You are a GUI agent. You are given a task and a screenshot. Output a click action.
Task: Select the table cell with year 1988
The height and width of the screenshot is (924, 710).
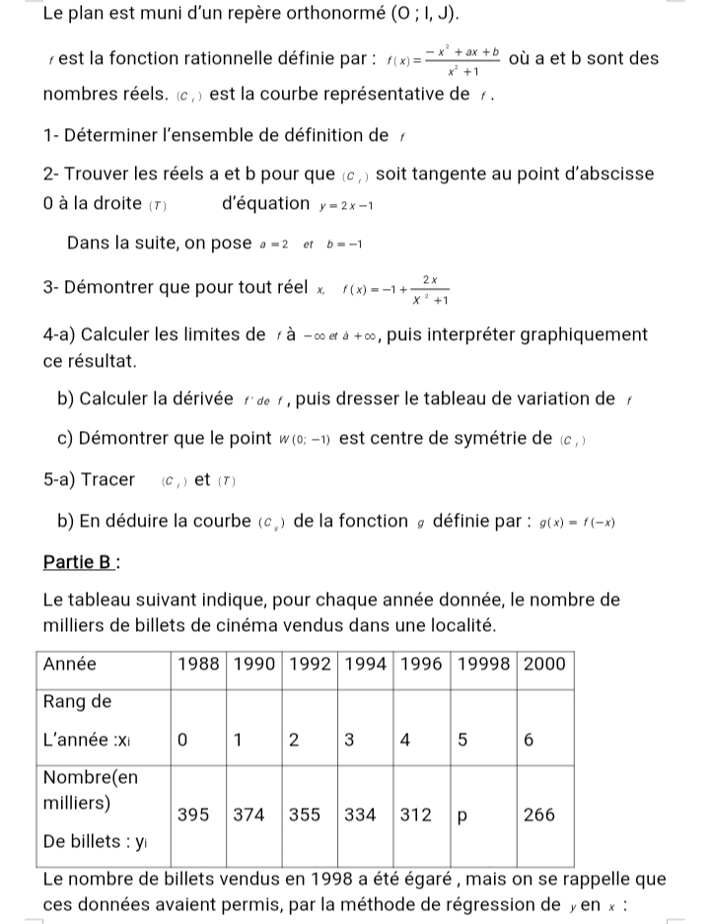(199, 664)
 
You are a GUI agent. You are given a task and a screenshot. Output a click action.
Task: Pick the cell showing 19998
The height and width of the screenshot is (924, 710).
(485, 664)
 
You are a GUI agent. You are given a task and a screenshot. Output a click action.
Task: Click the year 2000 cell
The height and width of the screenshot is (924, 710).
(545, 664)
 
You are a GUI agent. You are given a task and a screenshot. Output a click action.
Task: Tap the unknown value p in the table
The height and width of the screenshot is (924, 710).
(459, 815)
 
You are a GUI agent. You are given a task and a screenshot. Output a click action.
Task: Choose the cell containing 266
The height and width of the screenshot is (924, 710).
(538, 815)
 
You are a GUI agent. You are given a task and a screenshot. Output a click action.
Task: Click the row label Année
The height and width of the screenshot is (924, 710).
(71, 664)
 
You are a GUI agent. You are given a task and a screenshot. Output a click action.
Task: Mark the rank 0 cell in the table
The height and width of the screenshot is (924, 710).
(182, 741)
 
